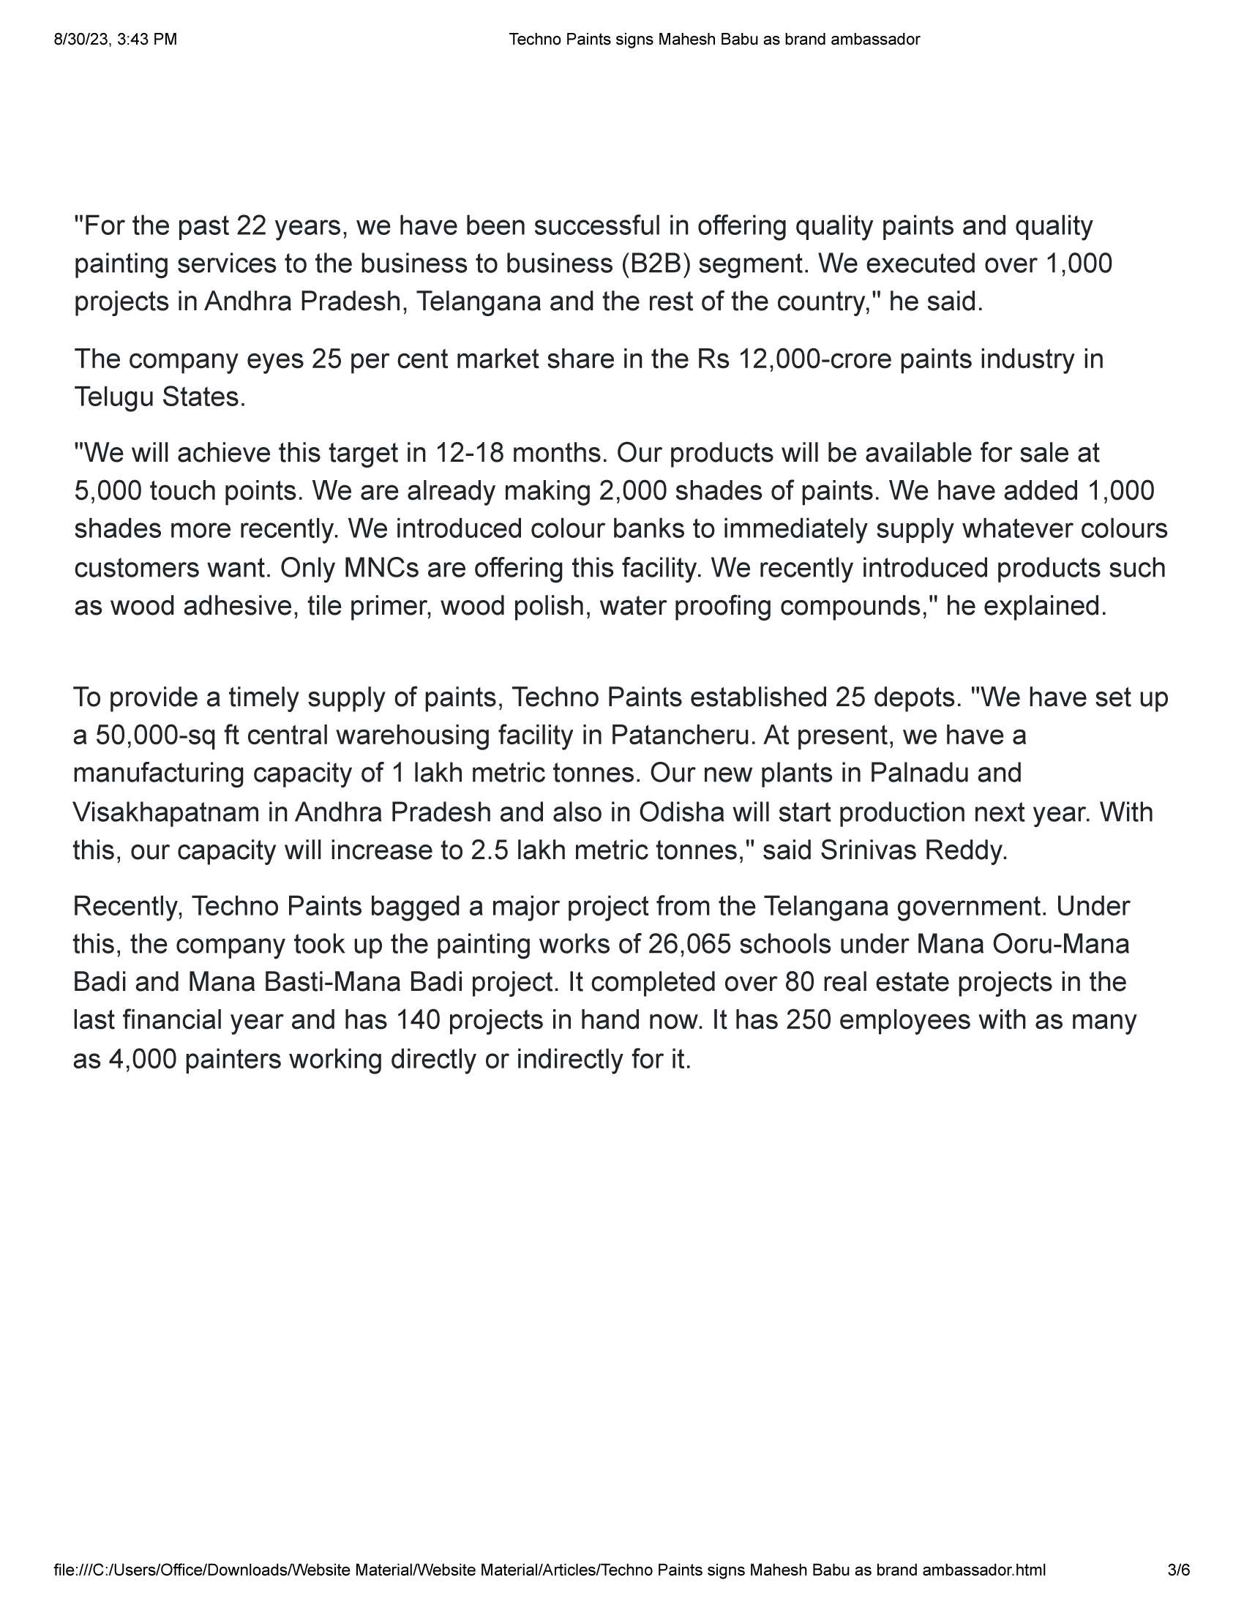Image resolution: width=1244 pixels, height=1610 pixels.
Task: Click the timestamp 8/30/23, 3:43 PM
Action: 115,40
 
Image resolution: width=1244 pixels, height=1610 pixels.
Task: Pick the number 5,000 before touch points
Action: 108,491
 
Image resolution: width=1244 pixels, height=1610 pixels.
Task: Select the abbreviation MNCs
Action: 381,568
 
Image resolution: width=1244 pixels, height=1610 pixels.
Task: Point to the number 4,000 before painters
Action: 143,1060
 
